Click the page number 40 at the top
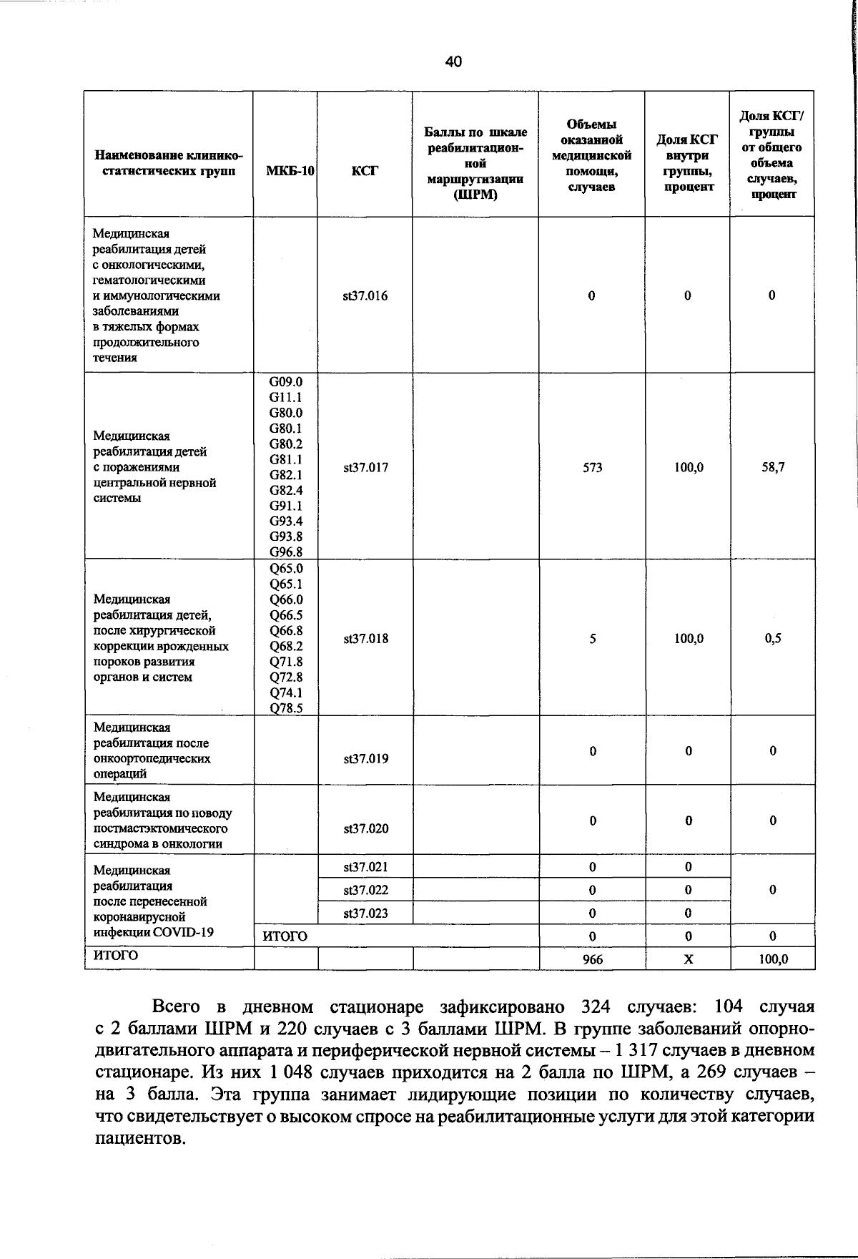tap(453, 62)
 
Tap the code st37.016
tap(365, 296)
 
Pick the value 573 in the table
tap(592, 468)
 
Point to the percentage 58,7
tap(773, 468)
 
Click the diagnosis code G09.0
tap(285, 382)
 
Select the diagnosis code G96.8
tap(285, 552)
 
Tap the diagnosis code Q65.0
tap(285, 569)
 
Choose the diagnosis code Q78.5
tap(285, 708)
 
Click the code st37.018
tap(365, 639)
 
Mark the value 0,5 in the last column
tap(773, 639)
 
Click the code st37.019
tap(365, 758)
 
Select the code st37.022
tap(365, 890)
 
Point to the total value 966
tap(592, 959)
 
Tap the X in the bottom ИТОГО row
tap(688, 959)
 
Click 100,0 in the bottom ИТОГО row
tap(773, 959)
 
